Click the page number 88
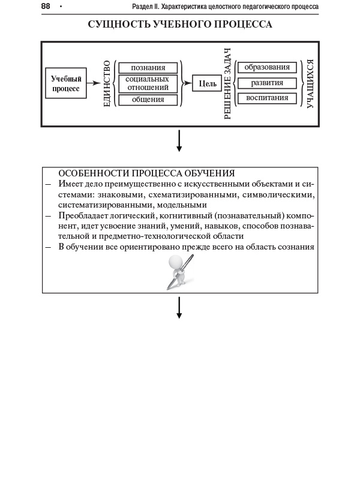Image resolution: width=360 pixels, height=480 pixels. coord(46,6)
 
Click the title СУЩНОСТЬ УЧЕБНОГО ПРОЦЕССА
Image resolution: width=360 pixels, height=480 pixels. coord(180,25)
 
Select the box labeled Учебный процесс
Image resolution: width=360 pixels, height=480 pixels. coord(66,83)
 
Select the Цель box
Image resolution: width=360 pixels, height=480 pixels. coord(208,83)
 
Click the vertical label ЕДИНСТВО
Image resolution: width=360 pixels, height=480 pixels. coord(107,83)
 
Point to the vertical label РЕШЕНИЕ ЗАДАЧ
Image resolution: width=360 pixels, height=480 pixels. coord(227,83)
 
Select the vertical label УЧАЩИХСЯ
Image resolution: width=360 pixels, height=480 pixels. coord(310,83)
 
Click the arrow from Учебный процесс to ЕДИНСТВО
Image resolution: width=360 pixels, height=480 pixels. coord(94,83)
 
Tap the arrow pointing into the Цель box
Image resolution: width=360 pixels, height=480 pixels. coord(187,83)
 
